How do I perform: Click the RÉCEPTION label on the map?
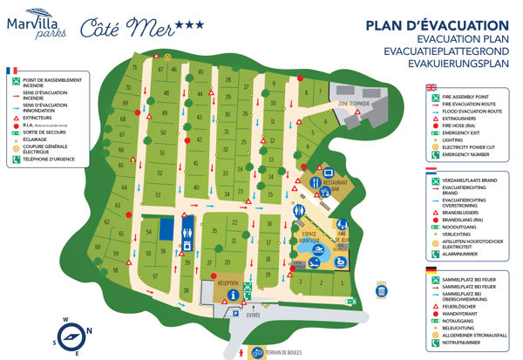pyautogui.click(x=228, y=283)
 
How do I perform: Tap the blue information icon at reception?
pyautogui.click(x=233, y=296)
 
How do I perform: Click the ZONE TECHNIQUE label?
pyautogui.click(x=352, y=104)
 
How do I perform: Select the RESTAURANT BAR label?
pyautogui.click(x=328, y=186)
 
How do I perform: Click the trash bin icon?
pyautogui.click(x=381, y=290)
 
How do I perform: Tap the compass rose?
pyautogui.click(x=73, y=331)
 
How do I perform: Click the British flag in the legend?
pyautogui.click(x=430, y=87)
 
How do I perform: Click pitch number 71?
pyautogui.click(x=134, y=67)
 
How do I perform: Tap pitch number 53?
pyautogui.click(x=158, y=194)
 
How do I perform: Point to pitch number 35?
pyautogui.click(x=214, y=230)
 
